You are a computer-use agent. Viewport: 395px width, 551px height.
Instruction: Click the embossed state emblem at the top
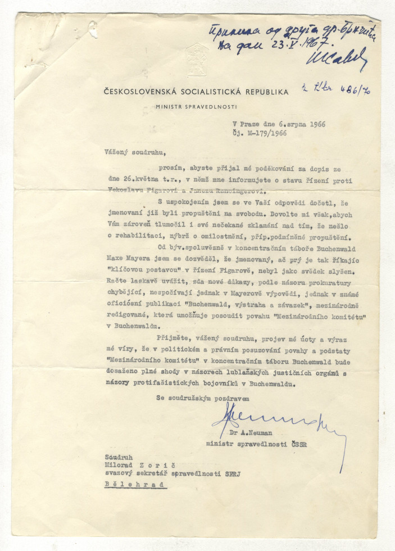[197, 59]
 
